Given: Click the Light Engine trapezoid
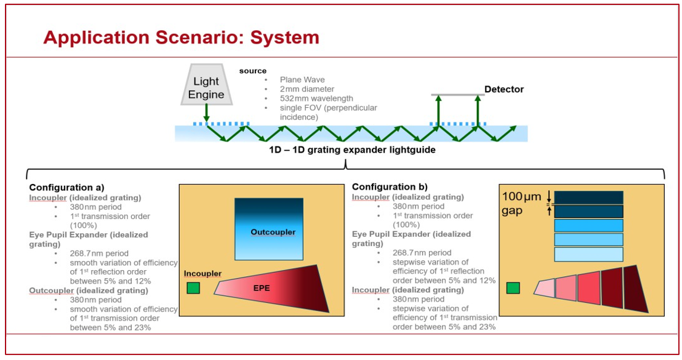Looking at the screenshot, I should [206, 88].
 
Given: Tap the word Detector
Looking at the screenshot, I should [503, 89].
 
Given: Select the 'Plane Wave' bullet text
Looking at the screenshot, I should [302, 79].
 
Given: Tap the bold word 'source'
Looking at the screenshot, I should [253, 71].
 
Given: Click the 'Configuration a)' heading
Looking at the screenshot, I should [67, 187].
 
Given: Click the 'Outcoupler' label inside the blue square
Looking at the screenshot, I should [273, 232].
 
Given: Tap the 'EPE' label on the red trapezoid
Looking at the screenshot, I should [261, 287].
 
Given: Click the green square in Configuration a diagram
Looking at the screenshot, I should [193, 288].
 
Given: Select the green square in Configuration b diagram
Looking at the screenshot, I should [513, 288].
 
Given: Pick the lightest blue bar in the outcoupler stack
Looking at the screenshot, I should [588, 254].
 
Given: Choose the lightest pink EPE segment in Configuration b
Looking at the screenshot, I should [545, 288].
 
